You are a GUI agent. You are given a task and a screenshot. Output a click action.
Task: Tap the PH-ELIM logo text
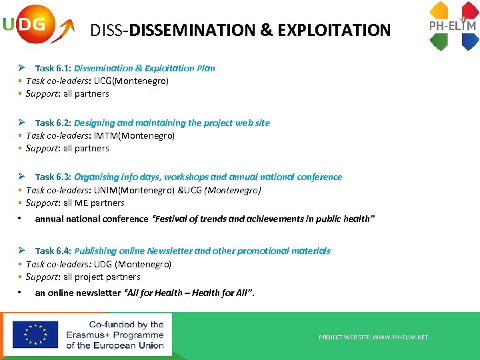(452, 27)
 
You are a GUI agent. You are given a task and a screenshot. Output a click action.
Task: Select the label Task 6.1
(53, 68)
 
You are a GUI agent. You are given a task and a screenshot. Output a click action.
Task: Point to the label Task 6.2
(53, 123)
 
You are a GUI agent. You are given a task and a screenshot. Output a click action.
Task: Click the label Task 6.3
(53, 177)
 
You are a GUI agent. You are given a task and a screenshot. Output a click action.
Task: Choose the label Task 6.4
(53, 251)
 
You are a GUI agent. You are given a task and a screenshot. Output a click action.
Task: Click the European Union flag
(35, 335)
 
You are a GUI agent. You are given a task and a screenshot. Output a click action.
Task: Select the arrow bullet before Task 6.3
(22, 177)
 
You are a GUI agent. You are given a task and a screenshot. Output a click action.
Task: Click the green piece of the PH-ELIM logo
(439, 42)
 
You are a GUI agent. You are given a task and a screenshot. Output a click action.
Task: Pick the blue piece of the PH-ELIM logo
(470, 42)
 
